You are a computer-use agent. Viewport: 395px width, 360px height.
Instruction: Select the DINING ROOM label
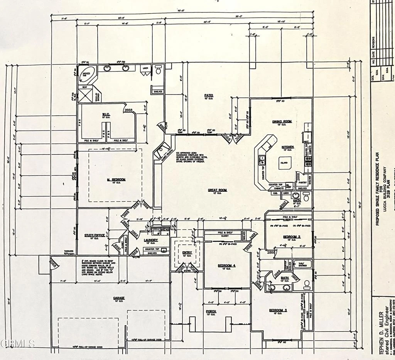pos(282,122)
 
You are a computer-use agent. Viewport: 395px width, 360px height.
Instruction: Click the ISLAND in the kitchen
pos(284,164)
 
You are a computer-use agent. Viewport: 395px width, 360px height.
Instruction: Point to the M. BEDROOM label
pos(116,180)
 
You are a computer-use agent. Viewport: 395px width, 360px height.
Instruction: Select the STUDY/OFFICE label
pos(94,235)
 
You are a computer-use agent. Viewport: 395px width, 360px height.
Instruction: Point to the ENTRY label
pos(187,252)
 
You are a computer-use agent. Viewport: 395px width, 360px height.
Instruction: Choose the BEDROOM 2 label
pos(292,236)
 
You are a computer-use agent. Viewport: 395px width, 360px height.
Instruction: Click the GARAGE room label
pos(118,298)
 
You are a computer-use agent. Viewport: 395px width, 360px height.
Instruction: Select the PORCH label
pos(211,311)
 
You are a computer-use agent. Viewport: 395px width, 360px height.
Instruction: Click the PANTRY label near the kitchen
pos(302,182)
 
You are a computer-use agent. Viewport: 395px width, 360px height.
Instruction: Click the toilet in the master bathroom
pos(158,70)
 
